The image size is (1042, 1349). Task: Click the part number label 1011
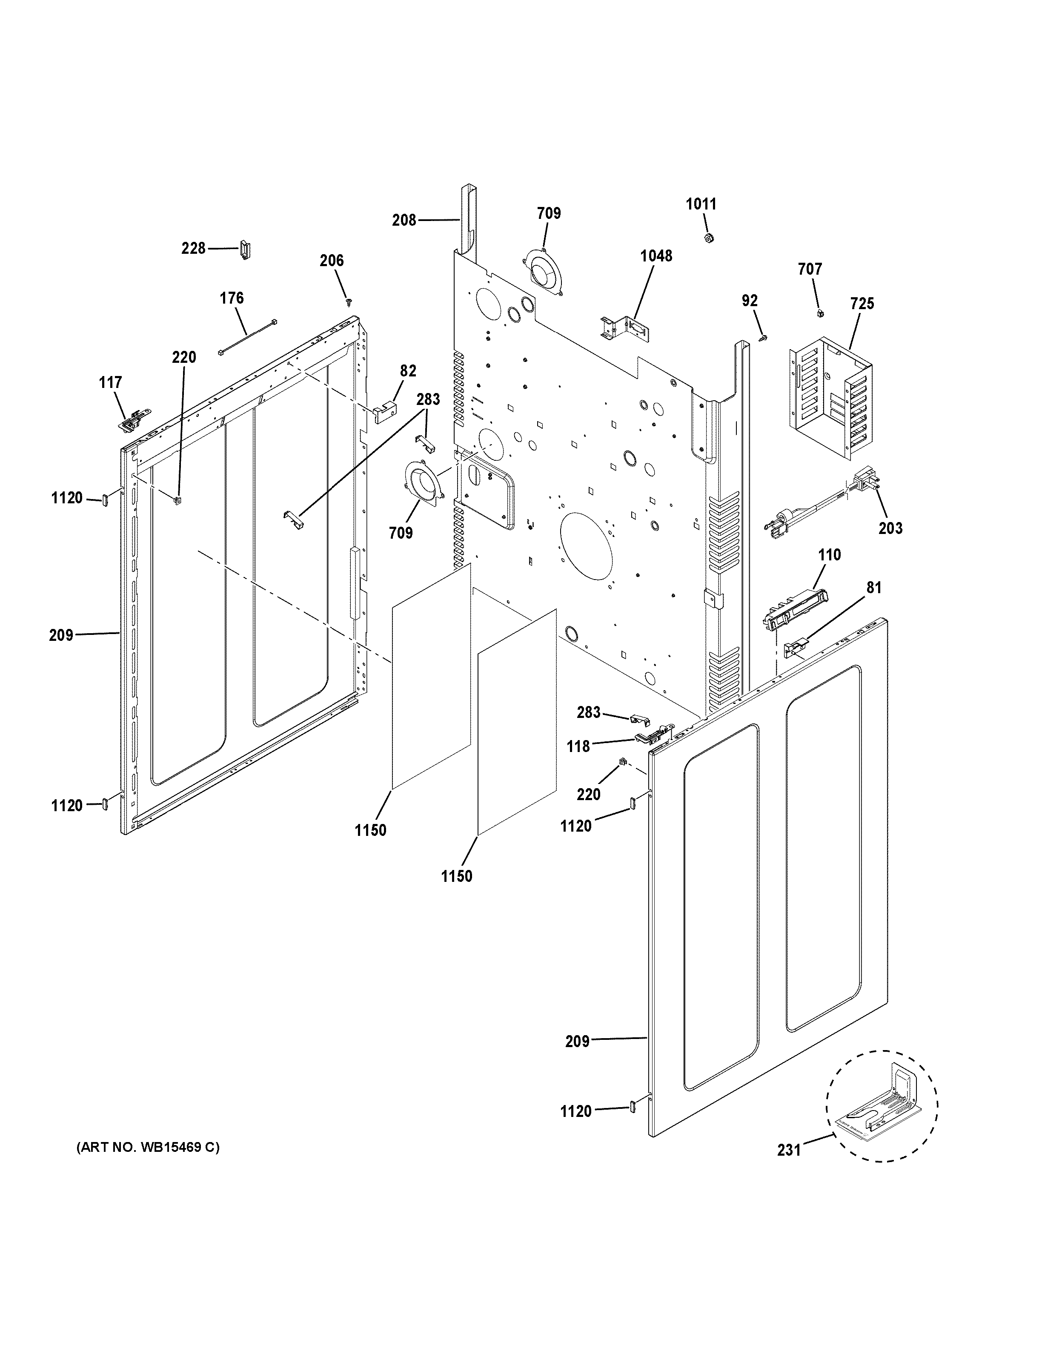tap(701, 204)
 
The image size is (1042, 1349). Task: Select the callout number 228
tap(193, 248)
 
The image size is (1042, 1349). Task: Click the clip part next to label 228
tap(245, 251)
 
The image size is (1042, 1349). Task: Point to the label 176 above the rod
tap(232, 299)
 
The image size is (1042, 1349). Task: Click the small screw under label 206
tap(350, 302)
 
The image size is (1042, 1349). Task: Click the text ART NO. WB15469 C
tap(148, 1148)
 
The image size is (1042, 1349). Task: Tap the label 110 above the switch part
tap(829, 555)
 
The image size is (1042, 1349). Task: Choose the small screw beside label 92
tap(764, 337)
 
